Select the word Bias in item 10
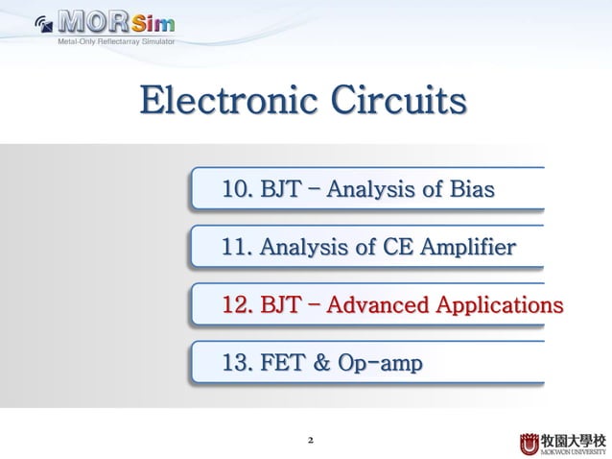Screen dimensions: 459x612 coord(471,189)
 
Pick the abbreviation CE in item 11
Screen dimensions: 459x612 coord(382,248)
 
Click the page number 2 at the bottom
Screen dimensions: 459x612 coord(309,441)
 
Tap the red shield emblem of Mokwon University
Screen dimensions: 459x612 coord(530,443)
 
